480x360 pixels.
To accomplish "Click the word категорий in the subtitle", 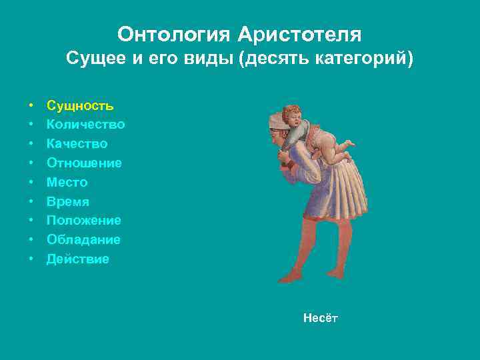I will click(361, 59).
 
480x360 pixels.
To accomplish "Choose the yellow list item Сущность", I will click(80, 105).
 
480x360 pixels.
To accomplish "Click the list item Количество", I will click(85, 125).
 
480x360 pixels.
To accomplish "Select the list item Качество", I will click(77, 144).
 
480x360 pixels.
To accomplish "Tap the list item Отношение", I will click(84, 163).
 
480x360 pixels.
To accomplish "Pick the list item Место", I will click(67, 183).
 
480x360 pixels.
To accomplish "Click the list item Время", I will click(67, 202).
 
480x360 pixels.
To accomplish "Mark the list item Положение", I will click(83, 221).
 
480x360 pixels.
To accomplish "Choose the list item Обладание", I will click(83, 240).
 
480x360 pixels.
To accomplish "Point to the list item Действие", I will click(77, 259).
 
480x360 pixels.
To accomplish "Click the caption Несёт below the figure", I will click(321, 319).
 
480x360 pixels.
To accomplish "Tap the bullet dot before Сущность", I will click(31, 106).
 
